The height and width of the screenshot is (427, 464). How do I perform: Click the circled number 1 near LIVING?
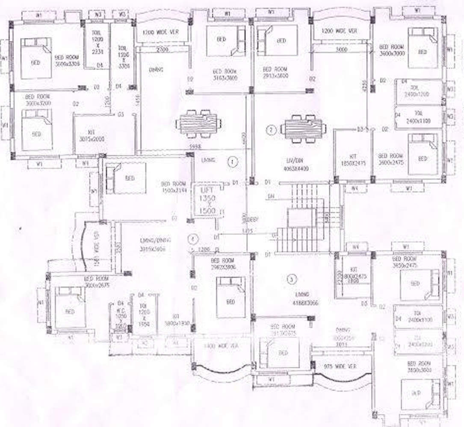[232, 162]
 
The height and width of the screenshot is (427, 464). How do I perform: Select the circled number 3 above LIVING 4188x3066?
[292, 280]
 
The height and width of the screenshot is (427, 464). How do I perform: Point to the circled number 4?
[194, 238]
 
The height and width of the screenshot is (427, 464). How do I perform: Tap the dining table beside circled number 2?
[303, 129]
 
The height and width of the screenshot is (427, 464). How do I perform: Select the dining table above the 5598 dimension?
[199, 124]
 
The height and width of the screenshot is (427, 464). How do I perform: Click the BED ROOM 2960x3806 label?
[222, 264]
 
